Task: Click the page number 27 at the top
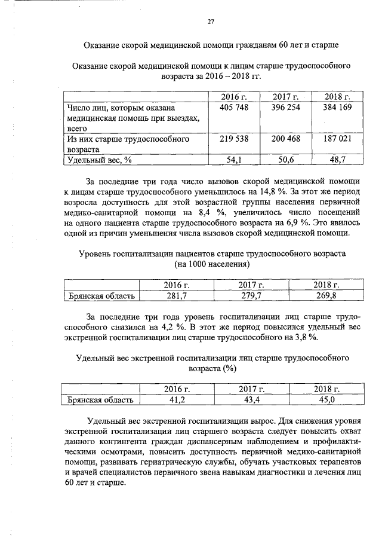[x=211, y=22]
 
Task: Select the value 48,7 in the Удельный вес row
[x=337, y=159]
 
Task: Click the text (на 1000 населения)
[x=211, y=264]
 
